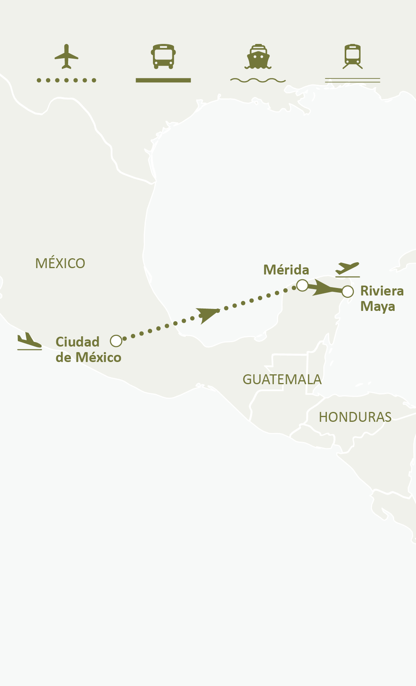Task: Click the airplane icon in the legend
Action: click(66, 56)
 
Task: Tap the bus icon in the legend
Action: click(163, 56)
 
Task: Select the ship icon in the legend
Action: click(258, 56)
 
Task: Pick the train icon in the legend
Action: click(353, 56)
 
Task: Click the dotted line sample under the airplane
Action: click(66, 80)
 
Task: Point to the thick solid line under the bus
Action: click(163, 80)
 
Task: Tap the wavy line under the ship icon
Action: click(258, 80)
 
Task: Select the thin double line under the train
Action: click(353, 80)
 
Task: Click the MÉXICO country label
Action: click(60, 263)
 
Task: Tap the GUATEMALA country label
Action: click(282, 379)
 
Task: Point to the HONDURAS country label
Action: click(355, 417)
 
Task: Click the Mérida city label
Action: click(286, 270)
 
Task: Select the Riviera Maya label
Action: click(382, 299)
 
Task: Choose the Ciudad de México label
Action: click(88, 350)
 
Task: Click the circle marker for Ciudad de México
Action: click(116, 341)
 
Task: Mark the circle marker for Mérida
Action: click(302, 285)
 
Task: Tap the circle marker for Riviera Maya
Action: click(347, 292)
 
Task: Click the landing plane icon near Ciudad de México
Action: click(29, 341)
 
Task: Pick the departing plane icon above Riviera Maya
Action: click(347, 269)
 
